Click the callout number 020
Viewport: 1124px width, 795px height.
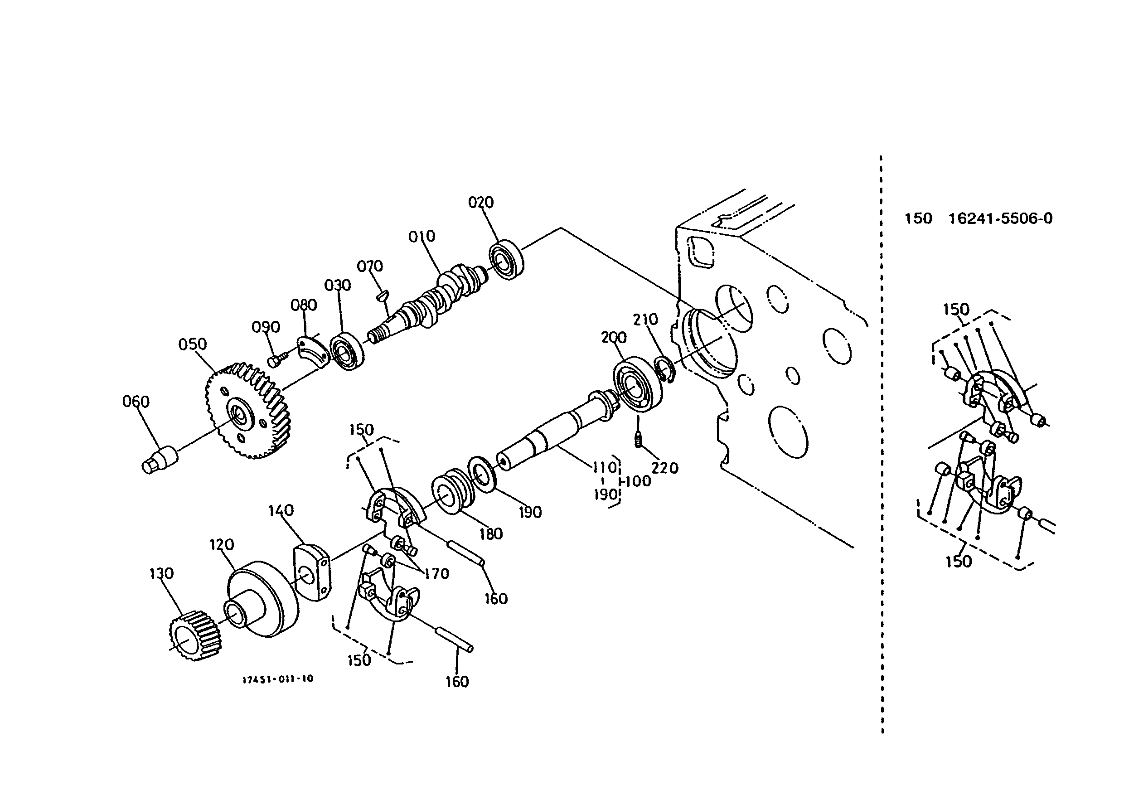click(x=481, y=202)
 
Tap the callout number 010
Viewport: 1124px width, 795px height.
click(x=421, y=237)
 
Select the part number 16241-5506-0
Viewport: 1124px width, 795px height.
click(x=1000, y=218)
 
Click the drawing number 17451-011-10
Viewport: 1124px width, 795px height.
click(x=277, y=679)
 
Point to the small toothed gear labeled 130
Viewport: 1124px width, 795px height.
click(x=195, y=635)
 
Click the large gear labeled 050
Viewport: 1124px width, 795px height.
click(x=247, y=410)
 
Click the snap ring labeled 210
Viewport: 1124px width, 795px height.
click(x=665, y=369)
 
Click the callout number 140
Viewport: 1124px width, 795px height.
click(x=281, y=510)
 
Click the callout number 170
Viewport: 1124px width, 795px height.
click(x=436, y=573)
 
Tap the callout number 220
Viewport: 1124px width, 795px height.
click(x=665, y=468)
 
